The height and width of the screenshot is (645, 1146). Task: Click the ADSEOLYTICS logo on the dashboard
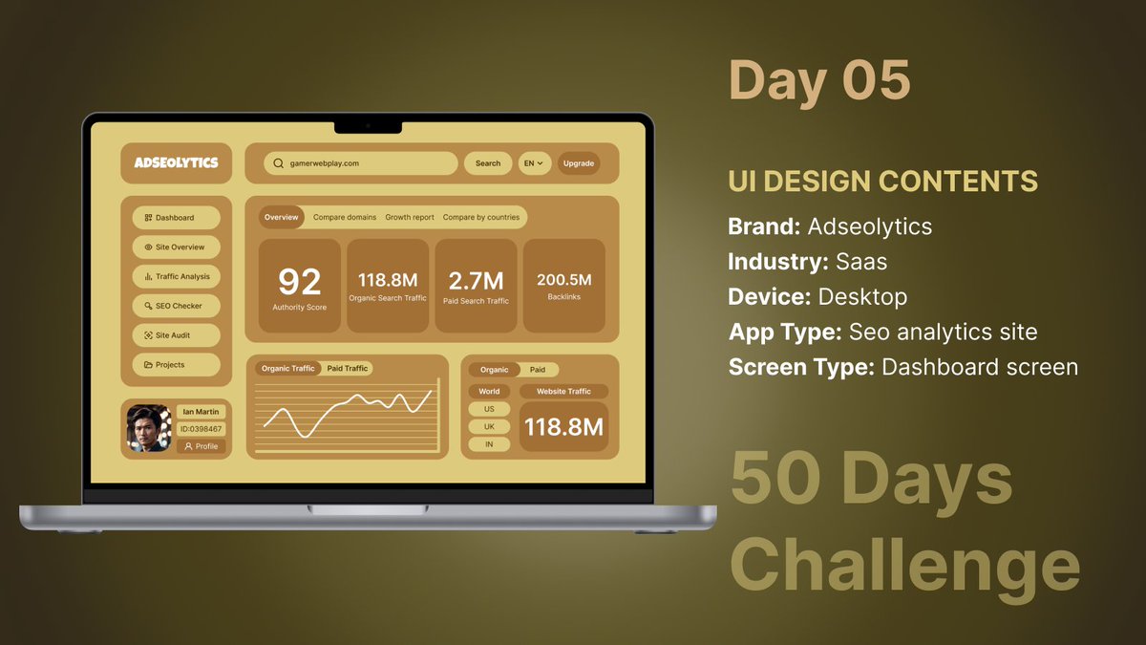[x=176, y=163]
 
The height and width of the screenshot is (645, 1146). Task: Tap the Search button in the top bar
[x=487, y=163]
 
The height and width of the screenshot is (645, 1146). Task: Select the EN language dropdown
[x=533, y=163]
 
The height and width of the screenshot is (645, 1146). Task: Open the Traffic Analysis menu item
[x=177, y=276]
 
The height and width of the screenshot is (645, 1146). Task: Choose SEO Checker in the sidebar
[x=177, y=306]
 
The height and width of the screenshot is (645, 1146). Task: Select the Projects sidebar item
[x=177, y=365]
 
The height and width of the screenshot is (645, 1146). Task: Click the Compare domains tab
[x=345, y=217]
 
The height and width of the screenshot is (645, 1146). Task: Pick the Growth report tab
[x=410, y=217]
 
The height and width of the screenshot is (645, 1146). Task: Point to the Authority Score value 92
[x=299, y=282]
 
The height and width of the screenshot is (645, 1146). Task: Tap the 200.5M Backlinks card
[x=564, y=286]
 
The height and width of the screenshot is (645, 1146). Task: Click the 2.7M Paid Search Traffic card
[x=477, y=286]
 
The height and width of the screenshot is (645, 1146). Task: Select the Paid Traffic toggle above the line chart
[x=347, y=368]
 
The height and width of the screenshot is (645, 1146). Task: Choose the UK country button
[x=489, y=427]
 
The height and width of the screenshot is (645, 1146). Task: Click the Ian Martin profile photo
[x=149, y=429]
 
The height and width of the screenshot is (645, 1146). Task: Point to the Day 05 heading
[x=819, y=80]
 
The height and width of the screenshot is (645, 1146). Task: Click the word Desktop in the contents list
[x=862, y=296]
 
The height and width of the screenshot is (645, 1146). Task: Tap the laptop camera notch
[x=368, y=126]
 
